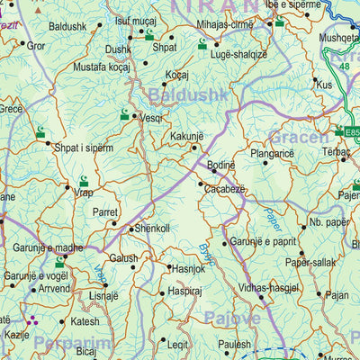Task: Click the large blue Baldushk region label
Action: (184, 93)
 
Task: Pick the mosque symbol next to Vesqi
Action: (125, 114)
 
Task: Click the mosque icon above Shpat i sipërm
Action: (40, 133)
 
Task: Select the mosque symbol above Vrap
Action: (84, 181)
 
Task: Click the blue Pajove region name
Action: (231, 318)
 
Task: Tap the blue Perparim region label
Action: (73, 343)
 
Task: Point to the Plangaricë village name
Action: (272, 154)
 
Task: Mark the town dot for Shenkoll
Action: (130, 229)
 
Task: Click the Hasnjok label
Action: (188, 268)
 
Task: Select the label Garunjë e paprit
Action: (262, 242)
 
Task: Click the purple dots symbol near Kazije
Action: (33, 318)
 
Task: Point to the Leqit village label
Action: (178, 343)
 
